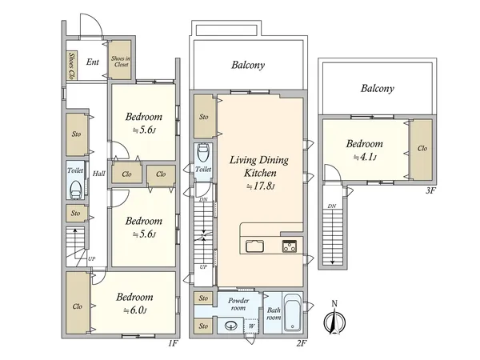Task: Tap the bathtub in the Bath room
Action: click(x=292, y=313)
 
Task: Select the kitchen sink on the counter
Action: click(x=254, y=246)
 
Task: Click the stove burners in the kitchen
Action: click(x=290, y=246)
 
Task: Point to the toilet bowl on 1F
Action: click(x=76, y=190)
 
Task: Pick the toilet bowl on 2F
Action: click(x=203, y=153)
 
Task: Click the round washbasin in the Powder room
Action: click(x=231, y=326)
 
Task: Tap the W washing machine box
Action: click(x=251, y=326)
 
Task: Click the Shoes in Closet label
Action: click(x=120, y=62)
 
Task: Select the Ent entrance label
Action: click(x=93, y=62)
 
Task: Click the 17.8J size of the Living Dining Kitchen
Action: click(x=261, y=186)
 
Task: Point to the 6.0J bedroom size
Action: click(x=135, y=310)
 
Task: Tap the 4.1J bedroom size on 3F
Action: click(x=365, y=158)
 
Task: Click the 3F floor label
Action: click(x=430, y=190)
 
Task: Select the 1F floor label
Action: click(x=173, y=343)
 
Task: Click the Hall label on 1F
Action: click(x=99, y=174)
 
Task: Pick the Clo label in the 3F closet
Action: click(x=422, y=149)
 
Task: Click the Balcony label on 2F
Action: click(x=248, y=65)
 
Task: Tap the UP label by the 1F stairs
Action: click(x=91, y=258)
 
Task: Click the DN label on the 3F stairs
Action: click(x=332, y=206)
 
